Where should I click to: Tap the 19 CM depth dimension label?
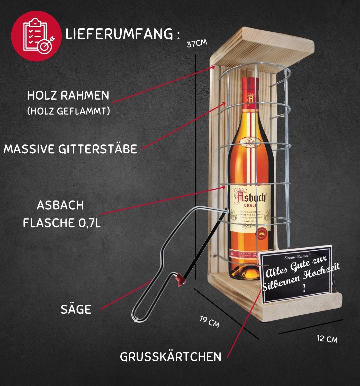(210, 322)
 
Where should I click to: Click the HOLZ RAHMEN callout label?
(68, 95)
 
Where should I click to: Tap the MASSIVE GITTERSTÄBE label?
(70, 149)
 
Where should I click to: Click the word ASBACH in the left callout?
(60, 205)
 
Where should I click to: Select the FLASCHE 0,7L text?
(62, 223)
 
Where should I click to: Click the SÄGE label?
(76, 309)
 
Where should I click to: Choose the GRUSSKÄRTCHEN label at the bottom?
(170, 357)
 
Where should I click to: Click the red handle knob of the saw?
(181, 279)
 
